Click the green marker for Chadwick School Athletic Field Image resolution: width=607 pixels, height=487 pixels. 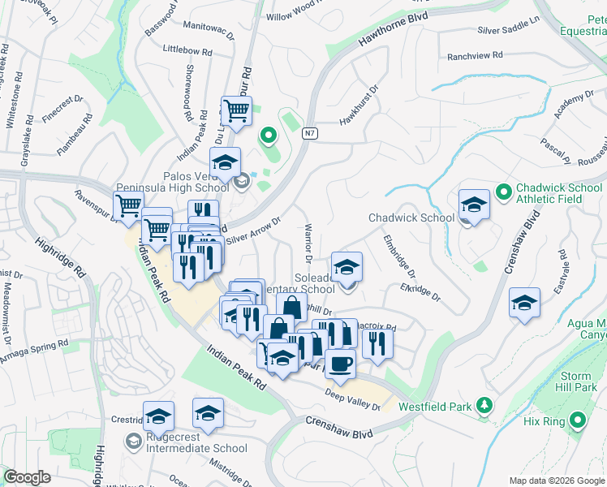pyautogui.click(x=503, y=192)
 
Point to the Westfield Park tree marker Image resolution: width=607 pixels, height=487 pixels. pyautogui.click(x=484, y=403)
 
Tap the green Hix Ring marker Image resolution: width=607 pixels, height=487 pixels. pyautogui.click(x=577, y=420)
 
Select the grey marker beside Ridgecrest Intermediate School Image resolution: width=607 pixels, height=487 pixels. pyautogui.click(x=131, y=442)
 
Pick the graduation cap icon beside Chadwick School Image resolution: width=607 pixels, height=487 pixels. pyautogui.click(x=473, y=205)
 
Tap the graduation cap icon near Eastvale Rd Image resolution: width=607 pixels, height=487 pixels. pyautogui.click(x=524, y=303)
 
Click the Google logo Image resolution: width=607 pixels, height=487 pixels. pyautogui.click(x=27, y=477)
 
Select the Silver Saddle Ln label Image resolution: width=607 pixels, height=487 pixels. pyautogui.click(x=509, y=30)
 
